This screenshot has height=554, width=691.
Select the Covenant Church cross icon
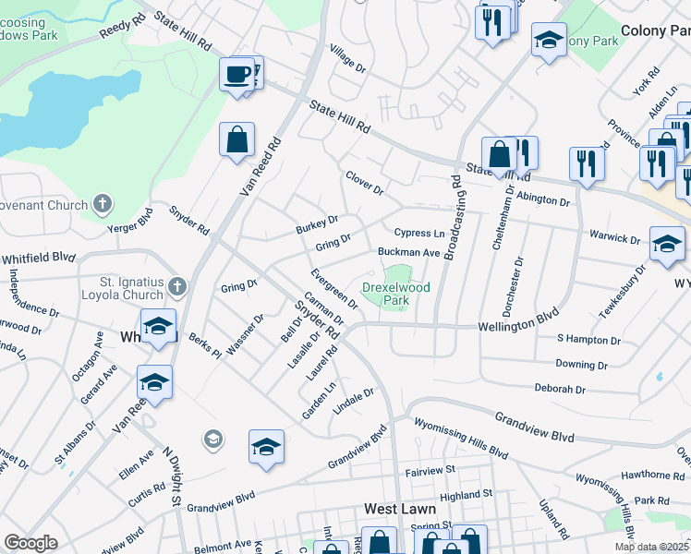103,204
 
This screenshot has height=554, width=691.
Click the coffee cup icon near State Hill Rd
237,74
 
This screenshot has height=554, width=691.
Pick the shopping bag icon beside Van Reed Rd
236,140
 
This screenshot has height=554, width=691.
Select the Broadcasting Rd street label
453,218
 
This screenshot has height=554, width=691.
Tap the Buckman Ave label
408,252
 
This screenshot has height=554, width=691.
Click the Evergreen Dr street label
334,287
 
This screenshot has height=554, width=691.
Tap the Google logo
30,544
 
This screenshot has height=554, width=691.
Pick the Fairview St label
431,471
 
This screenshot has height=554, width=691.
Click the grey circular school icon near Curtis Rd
213,438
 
